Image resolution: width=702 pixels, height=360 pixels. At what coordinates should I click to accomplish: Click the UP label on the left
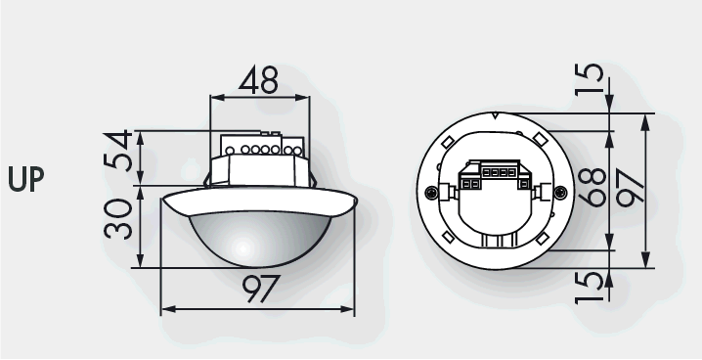26,179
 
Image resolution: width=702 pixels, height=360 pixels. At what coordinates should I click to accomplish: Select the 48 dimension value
258,80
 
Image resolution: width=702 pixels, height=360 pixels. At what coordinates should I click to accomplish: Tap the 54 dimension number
118,151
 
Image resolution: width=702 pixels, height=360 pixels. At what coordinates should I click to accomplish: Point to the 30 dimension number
118,218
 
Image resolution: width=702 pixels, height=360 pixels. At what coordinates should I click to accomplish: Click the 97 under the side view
261,289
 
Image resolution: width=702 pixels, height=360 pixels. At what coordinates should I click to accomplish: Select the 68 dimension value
592,188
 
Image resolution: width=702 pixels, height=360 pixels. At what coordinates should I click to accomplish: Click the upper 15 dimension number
590,79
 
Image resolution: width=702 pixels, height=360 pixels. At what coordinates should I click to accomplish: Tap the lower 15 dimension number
590,288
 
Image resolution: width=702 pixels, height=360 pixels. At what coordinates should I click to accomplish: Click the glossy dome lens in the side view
260,240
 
